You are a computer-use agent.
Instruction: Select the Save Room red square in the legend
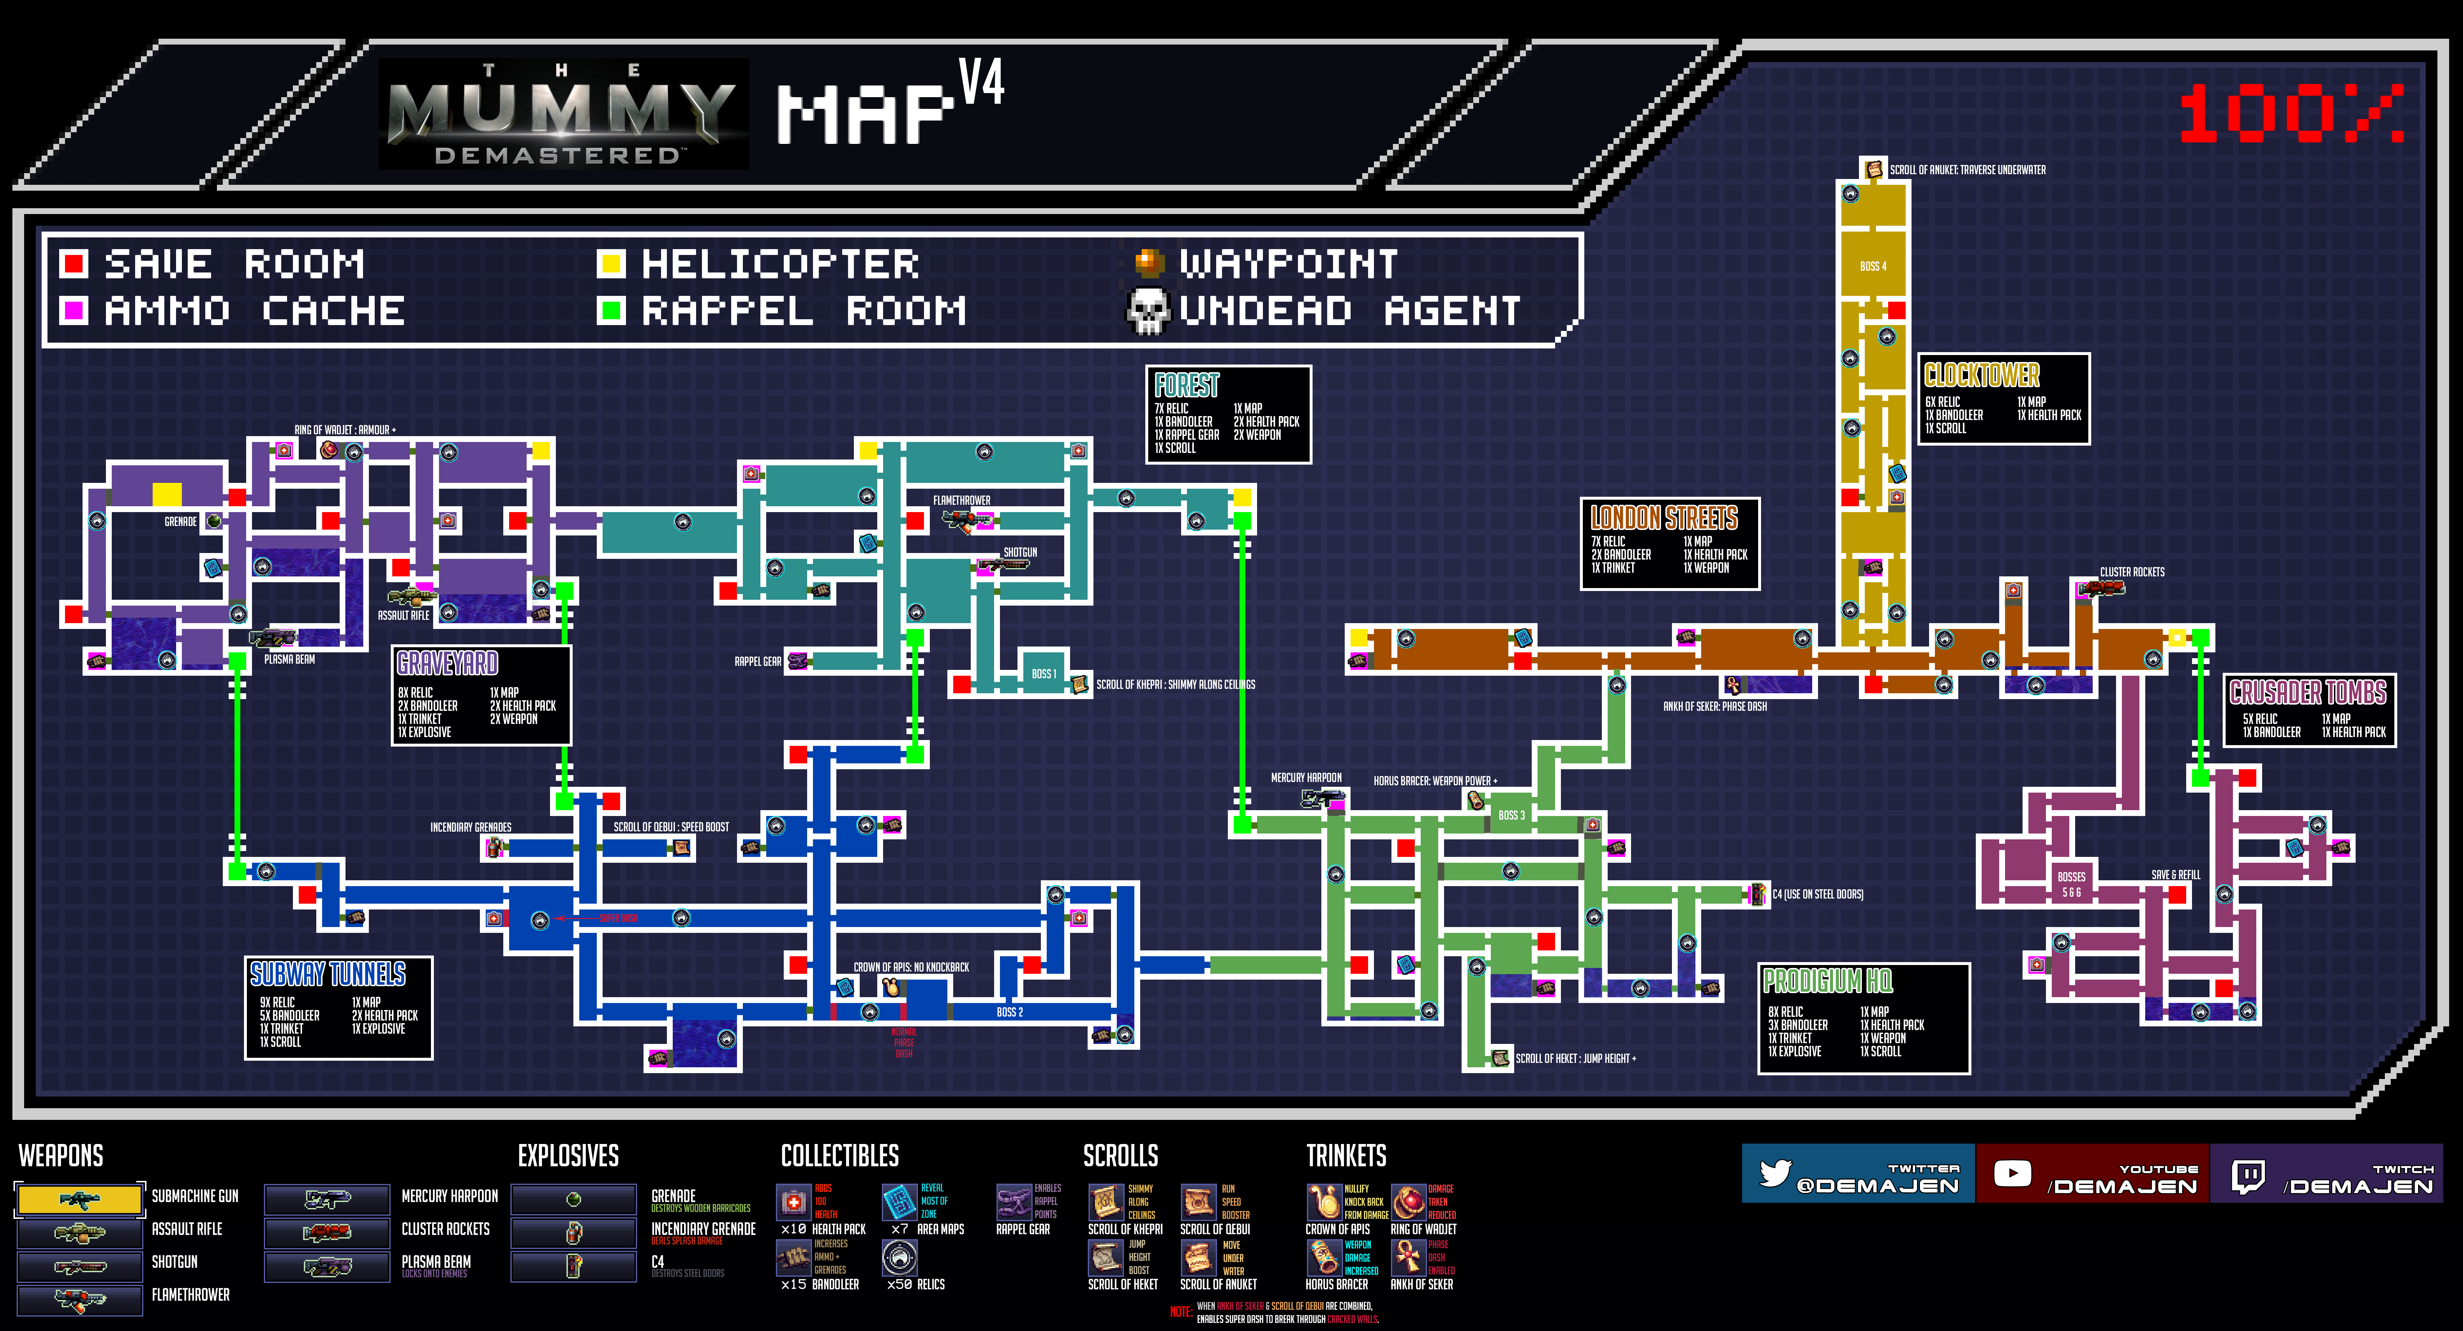coord(74,263)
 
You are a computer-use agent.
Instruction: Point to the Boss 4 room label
coord(1873,266)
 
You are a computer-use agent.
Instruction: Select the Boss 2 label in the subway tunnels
coord(1010,1012)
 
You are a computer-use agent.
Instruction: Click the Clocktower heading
coord(1982,375)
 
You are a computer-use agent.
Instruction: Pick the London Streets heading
coord(1664,518)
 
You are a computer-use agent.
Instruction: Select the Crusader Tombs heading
coord(2308,692)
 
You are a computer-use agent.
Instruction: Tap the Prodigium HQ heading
coord(1827,981)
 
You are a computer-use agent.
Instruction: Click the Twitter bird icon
coord(1775,1173)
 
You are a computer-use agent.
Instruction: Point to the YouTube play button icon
coord(2012,1173)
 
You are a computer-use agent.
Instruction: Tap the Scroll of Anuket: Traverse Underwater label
coord(1968,170)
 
